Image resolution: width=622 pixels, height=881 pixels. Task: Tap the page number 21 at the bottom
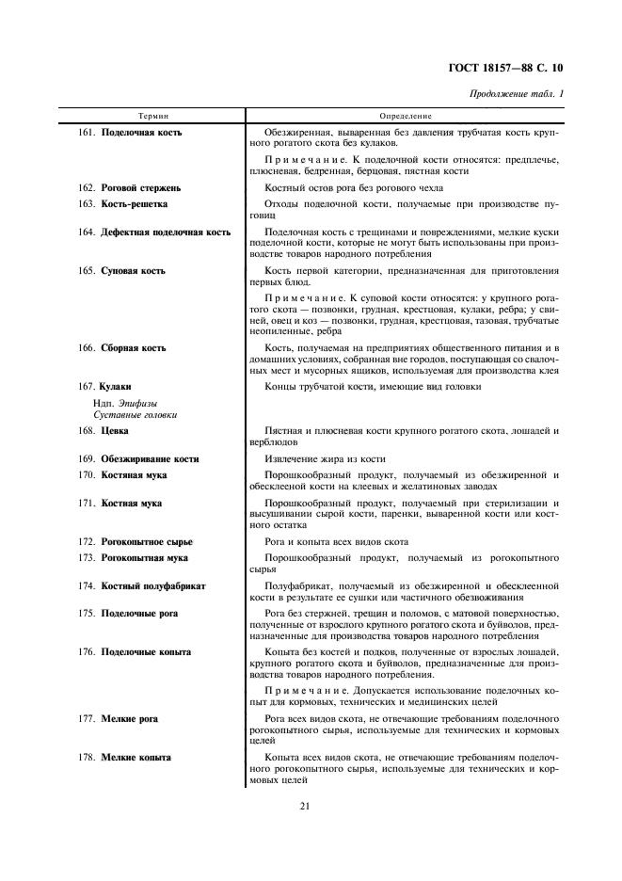pyautogui.click(x=305, y=805)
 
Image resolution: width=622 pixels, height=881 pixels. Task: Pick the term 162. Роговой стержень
pyautogui.click(x=129, y=188)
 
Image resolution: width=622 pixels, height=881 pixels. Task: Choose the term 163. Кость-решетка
pyautogui.click(x=123, y=203)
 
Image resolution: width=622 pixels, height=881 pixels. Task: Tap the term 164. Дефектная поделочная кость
pyautogui.click(x=154, y=232)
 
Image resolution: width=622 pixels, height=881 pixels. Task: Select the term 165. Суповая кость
pyautogui.click(x=121, y=271)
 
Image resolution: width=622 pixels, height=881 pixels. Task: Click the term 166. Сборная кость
pyautogui.click(x=121, y=348)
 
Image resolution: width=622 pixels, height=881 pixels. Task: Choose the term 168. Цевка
pyautogui.click(x=104, y=431)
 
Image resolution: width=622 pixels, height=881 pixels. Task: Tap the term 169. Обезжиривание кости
pyautogui.click(x=138, y=459)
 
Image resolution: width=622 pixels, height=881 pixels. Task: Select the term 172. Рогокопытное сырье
pyautogui.click(x=135, y=542)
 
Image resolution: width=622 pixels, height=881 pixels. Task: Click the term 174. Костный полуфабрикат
pyautogui.click(x=141, y=585)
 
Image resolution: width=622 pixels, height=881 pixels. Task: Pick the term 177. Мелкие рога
pyautogui.click(x=118, y=719)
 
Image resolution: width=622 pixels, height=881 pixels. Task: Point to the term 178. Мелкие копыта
pyautogui.click(x=124, y=758)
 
